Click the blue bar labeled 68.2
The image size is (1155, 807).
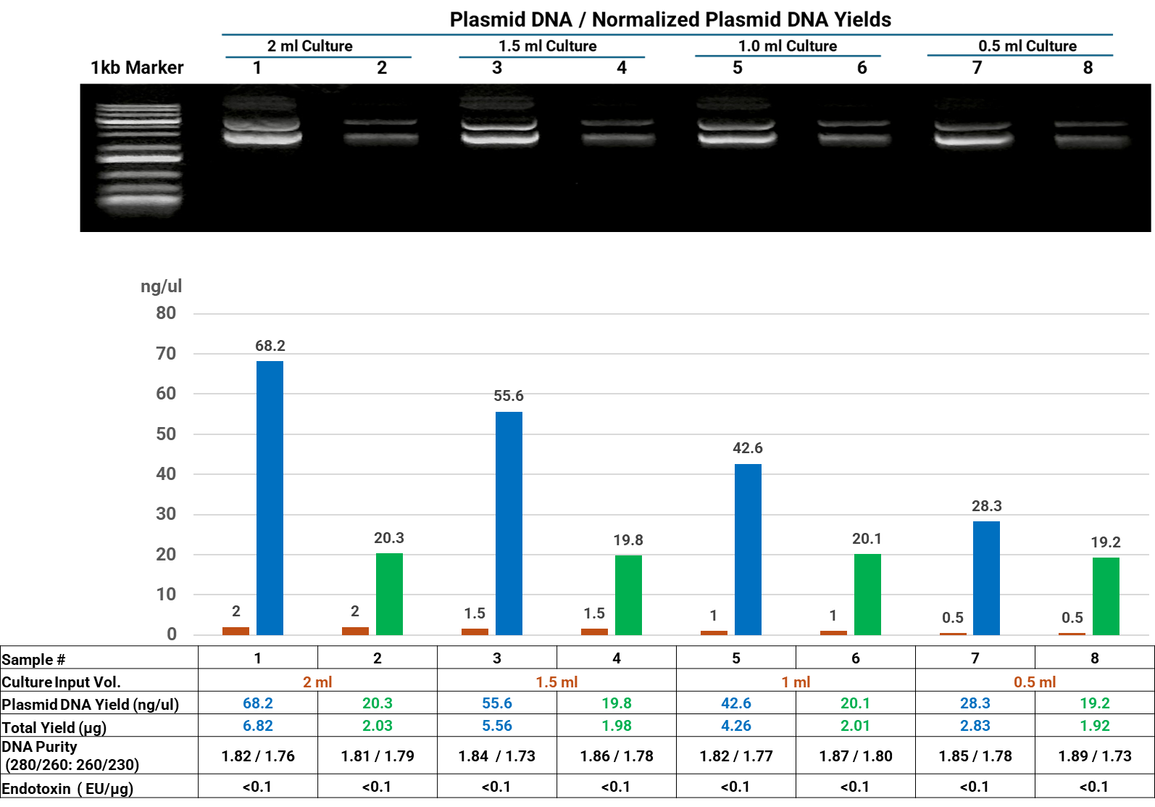coord(270,497)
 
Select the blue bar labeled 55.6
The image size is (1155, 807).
coord(509,523)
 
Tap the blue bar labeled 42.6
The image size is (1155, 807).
coord(748,549)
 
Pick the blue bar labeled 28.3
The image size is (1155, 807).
coord(986,578)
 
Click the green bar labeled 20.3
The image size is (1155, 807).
coord(389,594)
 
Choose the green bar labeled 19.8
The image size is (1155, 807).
coord(628,595)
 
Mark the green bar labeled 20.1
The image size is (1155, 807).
coord(867,594)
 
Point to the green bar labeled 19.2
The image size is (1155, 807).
coord(1106,596)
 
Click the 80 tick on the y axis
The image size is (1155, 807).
coord(166,313)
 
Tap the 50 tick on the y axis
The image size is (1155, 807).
coord(166,434)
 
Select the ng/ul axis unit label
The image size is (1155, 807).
coord(161,286)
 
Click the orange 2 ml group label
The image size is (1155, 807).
coord(317,682)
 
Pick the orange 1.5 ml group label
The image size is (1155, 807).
coord(556,682)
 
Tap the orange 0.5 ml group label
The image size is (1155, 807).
coord(1034,682)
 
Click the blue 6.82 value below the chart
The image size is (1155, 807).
coord(258,726)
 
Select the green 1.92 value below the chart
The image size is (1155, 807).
coord(1094,726)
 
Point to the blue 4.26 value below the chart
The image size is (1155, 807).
coord(735,726)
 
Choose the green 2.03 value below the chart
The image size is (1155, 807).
coord(378,726)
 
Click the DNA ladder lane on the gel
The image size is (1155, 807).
coord(139,152)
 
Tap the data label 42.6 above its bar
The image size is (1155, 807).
coord(748,448)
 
